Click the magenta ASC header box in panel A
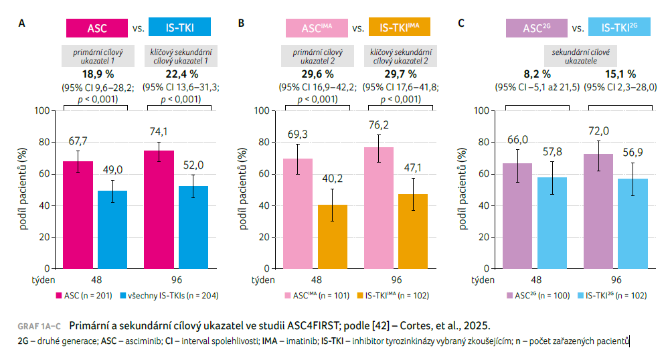pyautogui.click(x=96, y=28)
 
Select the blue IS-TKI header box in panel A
pyautogui.click(x=179, y=28)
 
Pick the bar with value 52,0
pyautogui.click(x=193, y=228)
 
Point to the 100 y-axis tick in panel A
pyautogui.click(x=44, y=110)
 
